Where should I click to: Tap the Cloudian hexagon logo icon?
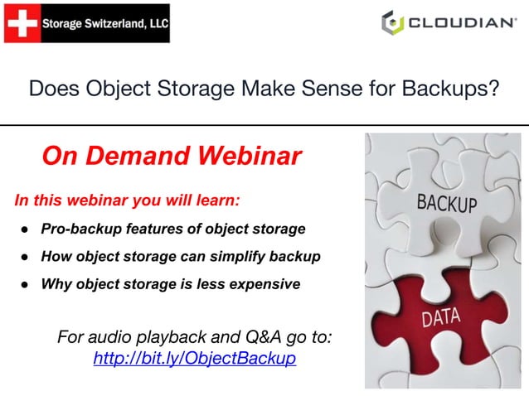point(392,22)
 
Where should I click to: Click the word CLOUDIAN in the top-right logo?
point(462,23)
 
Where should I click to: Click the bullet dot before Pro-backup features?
point(26,229)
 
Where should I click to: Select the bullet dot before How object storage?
point(26,257)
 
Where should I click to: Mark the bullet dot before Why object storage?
point(26,284)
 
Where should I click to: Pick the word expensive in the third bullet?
point(263,284)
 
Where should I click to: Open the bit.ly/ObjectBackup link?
point(195,359)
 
